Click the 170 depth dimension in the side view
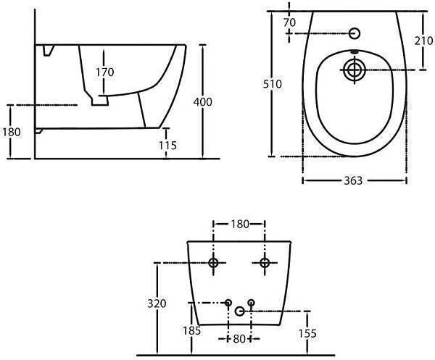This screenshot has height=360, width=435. click(105, 72)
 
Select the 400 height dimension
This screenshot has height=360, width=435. click(203, 102)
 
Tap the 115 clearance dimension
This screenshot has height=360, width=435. click(168, 145)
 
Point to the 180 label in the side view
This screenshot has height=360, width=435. click(12, 132)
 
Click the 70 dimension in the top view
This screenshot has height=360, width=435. click(289, 22)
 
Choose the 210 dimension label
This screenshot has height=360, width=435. click(423, 41)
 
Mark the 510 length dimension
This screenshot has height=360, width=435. click(273, 84)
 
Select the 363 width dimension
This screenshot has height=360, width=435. click(353, 180)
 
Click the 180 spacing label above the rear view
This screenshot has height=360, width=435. click(240, 224)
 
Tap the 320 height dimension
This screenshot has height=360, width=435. click(157, 304)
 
